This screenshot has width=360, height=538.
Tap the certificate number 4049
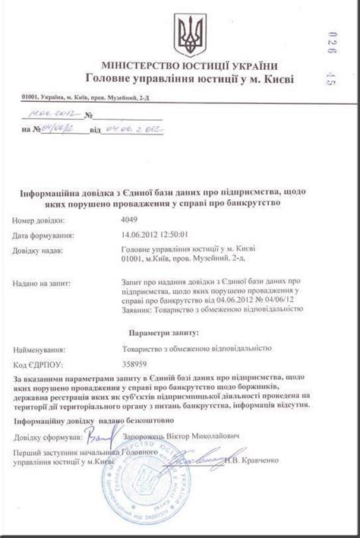[131, 219]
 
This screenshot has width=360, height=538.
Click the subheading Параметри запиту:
[163, 332]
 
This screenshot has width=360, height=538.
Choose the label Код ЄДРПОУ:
[36, 363]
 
